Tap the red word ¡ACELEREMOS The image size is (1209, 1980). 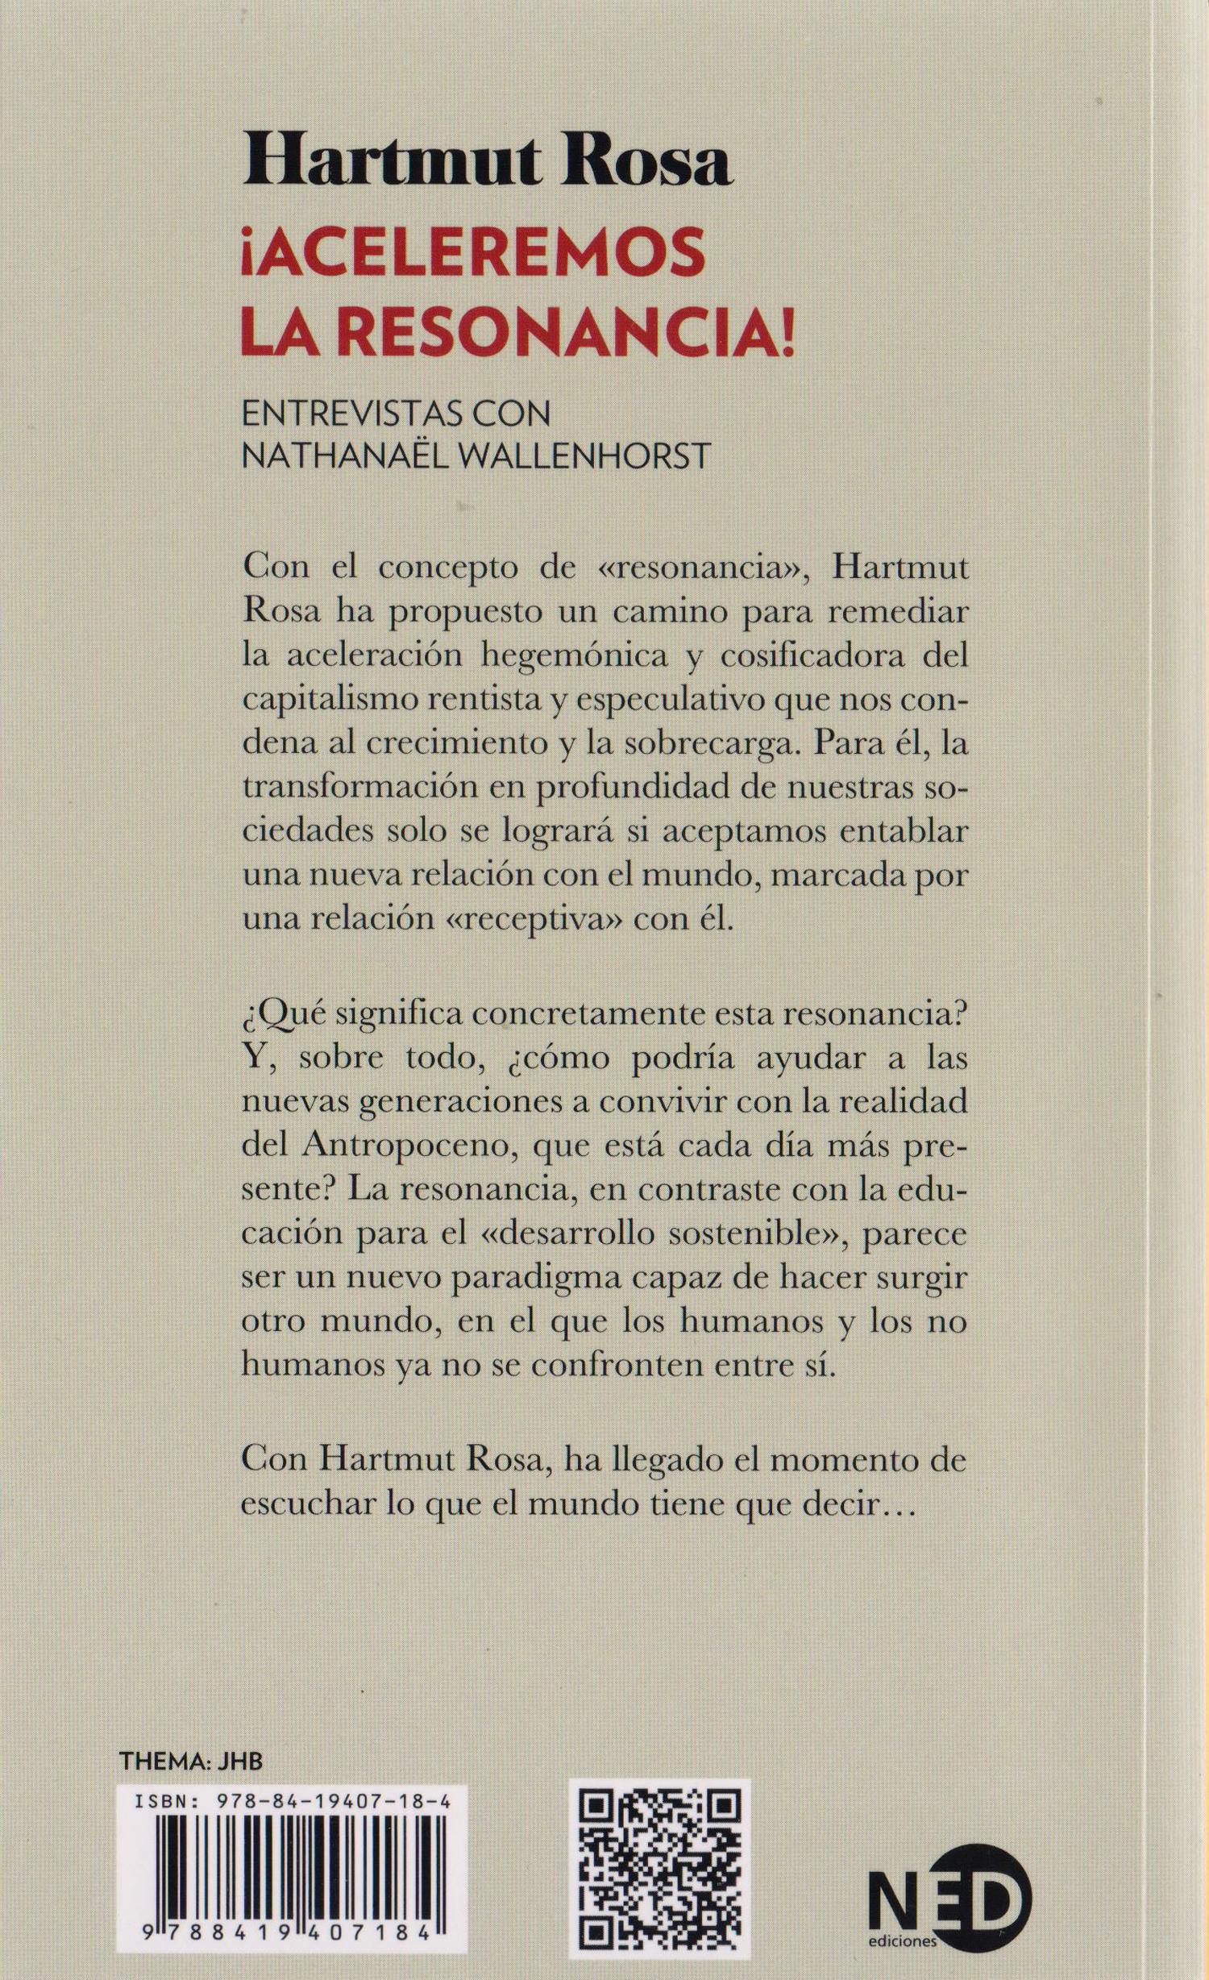click(468, 263)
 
